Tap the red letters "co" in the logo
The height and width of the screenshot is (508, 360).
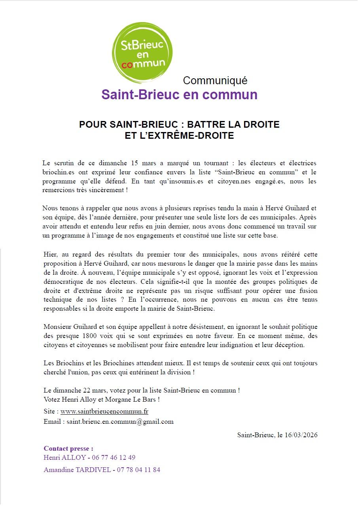127,65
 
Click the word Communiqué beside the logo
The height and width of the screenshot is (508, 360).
215,81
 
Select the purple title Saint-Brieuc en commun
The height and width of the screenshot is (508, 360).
179,95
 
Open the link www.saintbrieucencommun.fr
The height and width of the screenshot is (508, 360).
104,412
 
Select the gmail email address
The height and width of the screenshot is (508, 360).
120,421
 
